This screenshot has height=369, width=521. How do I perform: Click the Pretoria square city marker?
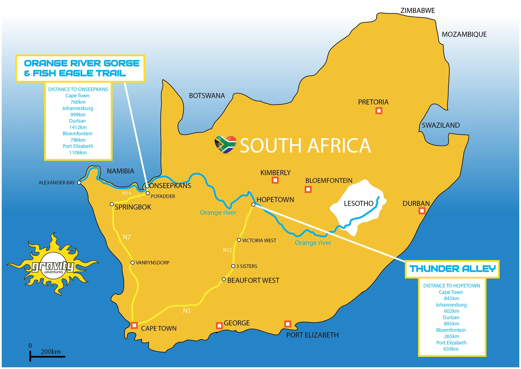(x=379, y=111)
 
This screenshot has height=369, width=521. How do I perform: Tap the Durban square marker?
(x=422, y=211)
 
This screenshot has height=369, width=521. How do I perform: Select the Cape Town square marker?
(x=134, y=325)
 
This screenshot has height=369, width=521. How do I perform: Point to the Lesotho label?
(x=358, y=204)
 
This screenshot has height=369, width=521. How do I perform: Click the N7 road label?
(x=127, y=237)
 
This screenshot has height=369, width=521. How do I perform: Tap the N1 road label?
(x=187, y=311)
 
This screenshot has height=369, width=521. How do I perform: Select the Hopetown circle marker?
(x=253, y=205)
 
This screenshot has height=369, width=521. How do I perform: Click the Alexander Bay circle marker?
(x=79, y=182)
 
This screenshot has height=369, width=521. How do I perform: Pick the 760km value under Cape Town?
(x=78, y=102)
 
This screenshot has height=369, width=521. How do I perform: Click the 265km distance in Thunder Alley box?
(x=451, y=336)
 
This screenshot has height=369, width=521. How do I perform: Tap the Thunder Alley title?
(x=452, y=269)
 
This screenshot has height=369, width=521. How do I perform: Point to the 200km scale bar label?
(x=51, y=352)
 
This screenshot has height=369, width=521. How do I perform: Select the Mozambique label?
(x=464, y=34)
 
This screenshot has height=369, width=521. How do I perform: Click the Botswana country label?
(x=207, y=96)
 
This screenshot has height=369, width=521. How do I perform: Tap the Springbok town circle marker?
(x=112, y=204)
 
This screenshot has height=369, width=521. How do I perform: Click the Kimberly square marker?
(x=275, y=180)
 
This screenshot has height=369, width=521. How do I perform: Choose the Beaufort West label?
(x=253, y=280)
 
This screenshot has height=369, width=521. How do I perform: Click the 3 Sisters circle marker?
(x=233, y=266)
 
